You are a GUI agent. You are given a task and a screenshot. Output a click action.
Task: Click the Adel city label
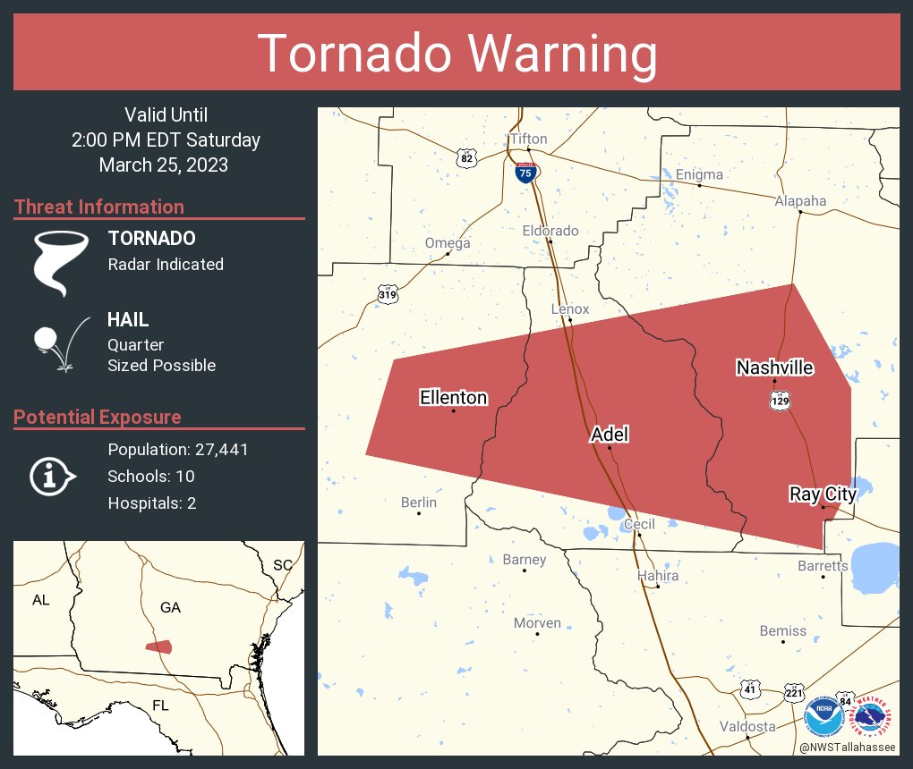(x=610, y=435)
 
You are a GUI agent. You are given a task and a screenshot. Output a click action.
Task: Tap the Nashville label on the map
(x=774, y=368)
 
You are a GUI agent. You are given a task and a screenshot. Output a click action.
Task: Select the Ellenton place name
(x=454, y=398)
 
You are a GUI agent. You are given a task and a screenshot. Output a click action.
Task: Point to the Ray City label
(x=823, y=494)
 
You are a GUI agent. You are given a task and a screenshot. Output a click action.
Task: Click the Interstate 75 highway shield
(x=526, y=173)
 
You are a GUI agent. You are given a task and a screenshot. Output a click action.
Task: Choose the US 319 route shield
(x=387, y=294)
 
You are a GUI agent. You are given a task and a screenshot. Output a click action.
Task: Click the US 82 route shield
(x=465, y=157)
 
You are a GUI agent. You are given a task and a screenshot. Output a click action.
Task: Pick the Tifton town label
(x=528, y=139)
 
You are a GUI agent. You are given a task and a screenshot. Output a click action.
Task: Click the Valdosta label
(x=747, y=726)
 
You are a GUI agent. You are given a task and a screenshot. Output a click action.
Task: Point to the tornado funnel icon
(x=60, y=262)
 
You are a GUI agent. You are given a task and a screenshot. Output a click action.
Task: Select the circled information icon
(x=49, y=476)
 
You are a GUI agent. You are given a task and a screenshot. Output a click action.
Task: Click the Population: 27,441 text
(x=177, y=449)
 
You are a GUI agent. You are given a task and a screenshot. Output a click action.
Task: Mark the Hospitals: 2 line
(x=151, y=503)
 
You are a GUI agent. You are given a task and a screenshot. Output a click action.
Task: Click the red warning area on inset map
(x=159, y=646)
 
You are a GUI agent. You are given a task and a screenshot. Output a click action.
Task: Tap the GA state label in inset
(x=170, y=607)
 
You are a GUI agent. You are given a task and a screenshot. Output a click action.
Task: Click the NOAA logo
(x=823, y=716)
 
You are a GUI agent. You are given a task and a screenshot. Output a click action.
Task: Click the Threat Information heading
(x=99, y=207)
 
